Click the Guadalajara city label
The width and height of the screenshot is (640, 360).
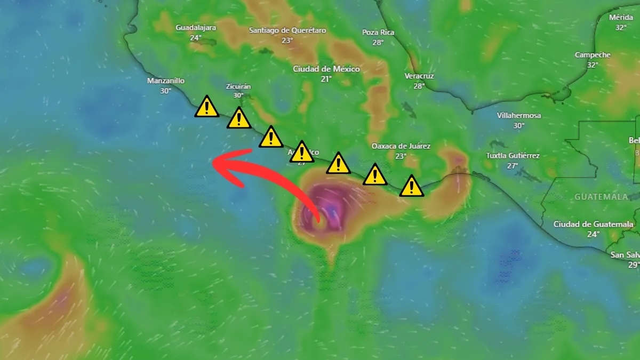(x=196, y=28)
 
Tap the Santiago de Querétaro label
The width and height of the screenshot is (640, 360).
(x=287, y=30)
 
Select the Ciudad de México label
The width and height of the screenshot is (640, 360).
(x=326, y=69)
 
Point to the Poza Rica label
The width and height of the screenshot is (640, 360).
(x=378, y=33)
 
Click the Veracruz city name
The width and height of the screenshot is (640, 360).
(x=419, y=76)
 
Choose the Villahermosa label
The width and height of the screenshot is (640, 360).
(x=519, y=116)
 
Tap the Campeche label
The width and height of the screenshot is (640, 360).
(x=593, y=55)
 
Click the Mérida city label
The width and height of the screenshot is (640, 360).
(x=621, y=18)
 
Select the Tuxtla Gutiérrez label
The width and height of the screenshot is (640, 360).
(x=513, y=156)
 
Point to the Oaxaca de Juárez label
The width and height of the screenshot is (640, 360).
(x=401, y=146)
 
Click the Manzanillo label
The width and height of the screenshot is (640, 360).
(x=166, y=81)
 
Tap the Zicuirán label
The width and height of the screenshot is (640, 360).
(x=238, y=86)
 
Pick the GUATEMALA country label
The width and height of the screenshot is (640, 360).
(x=601, y=197)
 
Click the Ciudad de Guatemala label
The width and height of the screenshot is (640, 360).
(x=594, y=224)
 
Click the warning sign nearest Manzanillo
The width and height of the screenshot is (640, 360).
(x=206, y=107)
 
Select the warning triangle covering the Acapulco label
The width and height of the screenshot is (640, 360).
(x=302, y=152)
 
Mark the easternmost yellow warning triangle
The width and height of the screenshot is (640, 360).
(x=412, y=186)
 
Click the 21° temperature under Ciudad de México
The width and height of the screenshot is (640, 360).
(x=326, y=78)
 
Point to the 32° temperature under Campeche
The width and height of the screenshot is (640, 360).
(x=593, y=65)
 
